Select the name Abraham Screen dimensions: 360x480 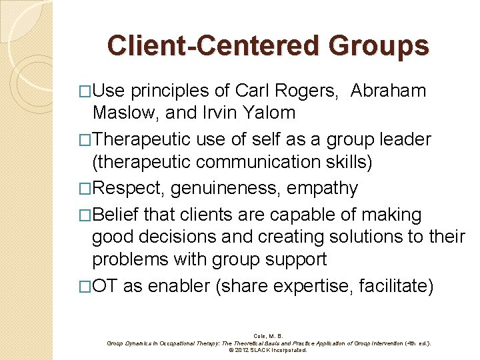(x=389, y=91)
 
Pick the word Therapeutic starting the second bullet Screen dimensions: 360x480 (x=143, y=140)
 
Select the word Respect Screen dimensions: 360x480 (x=129, y=189)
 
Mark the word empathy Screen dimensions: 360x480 (x=323, y=189)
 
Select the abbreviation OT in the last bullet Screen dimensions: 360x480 (x=106, y=287)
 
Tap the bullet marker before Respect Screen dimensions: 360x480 (x=84, y=189)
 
